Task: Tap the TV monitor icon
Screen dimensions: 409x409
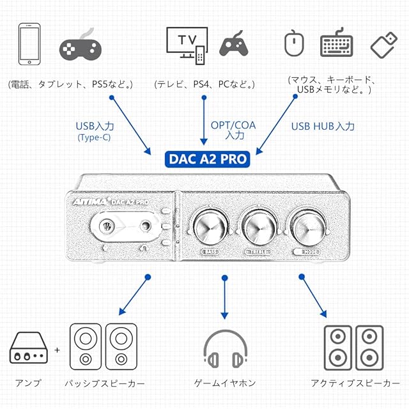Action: click(186, 42)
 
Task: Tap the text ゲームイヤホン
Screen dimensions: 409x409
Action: click(224, 383)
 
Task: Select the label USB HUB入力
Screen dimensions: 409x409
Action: click(323, 126)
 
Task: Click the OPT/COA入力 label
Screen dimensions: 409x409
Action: click(233, 130)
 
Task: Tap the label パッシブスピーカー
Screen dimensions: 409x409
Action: click(104, 383)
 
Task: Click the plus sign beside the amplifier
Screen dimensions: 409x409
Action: click(58, 350)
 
